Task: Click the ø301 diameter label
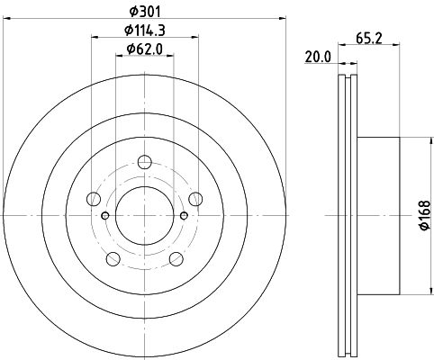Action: [145, 12]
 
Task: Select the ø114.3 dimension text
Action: [145, 31]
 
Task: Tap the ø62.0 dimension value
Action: [145, 49]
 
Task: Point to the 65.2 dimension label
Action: [369, 39]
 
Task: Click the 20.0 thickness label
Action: [318, 57]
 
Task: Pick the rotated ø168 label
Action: [425, 215]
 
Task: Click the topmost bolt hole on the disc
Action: [145, 162]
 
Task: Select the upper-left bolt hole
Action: [94, 199]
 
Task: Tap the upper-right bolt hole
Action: [195, 199]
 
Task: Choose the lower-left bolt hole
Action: [113, 259]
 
